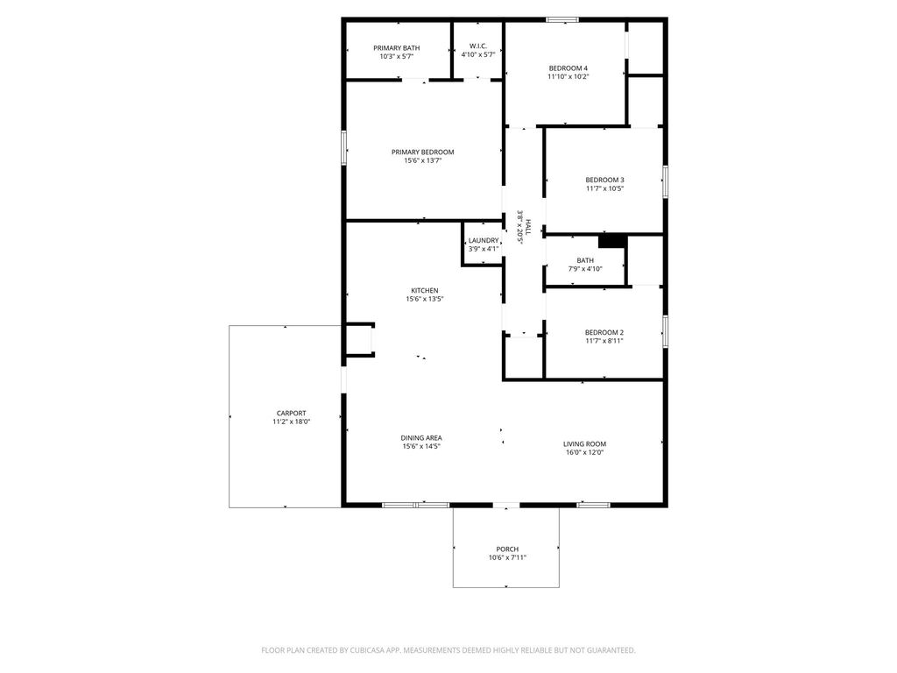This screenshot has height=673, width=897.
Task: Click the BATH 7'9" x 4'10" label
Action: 585,265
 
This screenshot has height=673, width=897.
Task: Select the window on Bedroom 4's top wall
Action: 562,20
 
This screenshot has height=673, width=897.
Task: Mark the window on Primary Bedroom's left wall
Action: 343,148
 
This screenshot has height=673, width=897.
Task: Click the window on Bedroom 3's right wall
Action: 665,182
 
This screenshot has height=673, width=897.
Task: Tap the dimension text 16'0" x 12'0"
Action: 584,452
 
